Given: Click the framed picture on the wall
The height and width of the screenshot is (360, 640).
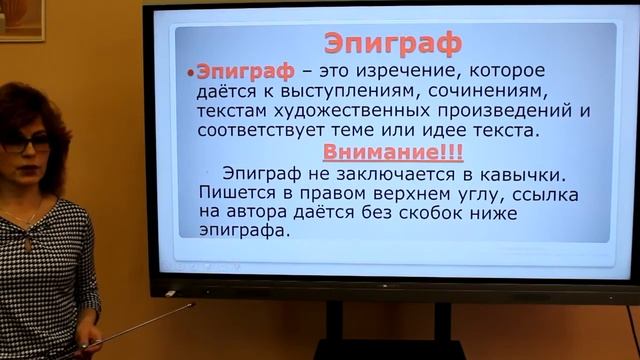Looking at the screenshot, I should click(21, 20).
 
